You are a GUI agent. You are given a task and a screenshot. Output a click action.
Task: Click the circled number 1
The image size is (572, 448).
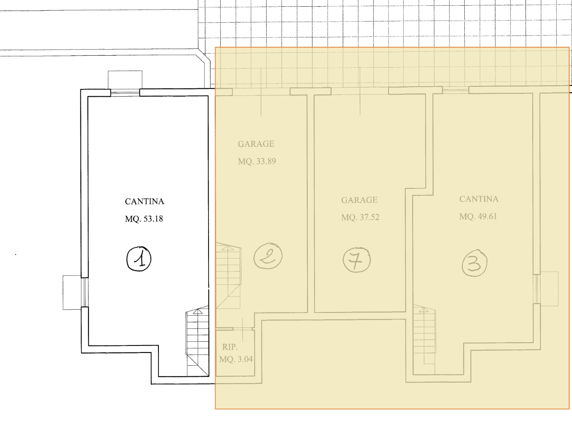[x=139, y=259]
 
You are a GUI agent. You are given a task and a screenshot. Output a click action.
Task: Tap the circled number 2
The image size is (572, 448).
[x=268, y=256]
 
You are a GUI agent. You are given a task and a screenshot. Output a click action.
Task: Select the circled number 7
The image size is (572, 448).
[x=357, y=260]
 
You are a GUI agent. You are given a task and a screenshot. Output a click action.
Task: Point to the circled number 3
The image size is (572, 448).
[x=475, y=263]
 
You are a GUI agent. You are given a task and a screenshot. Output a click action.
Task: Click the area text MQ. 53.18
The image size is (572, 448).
[x=144, y=219]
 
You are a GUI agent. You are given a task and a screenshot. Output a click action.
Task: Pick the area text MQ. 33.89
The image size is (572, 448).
[x=257, y=161]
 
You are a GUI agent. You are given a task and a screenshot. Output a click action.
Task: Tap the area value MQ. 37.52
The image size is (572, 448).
[x=360, y=217]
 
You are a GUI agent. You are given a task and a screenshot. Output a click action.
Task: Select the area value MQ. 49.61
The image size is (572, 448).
[x=478, y=217]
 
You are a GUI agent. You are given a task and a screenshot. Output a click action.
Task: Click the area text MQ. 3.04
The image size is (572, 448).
[x=236, y=359]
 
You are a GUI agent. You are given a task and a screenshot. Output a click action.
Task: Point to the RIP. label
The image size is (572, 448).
[x=230, y=347]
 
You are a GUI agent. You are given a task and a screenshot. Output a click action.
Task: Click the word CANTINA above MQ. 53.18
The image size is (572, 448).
[x=145, y=202]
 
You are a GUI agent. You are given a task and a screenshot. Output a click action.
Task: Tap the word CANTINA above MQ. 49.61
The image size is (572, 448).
[x=479, y=199]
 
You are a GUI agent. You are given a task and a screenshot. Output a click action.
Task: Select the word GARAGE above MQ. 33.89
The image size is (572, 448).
[x=256, y=144]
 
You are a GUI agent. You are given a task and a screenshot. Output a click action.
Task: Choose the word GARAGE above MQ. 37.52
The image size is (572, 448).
[x=359, y=200]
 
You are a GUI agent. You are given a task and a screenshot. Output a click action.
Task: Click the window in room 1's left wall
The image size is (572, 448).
[x=85, y=292]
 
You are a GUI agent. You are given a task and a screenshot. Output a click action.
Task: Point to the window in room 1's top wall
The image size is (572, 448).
[x=125, y=93]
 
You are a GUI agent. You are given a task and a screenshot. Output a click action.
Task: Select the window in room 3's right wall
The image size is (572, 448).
[x=537, y=289]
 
